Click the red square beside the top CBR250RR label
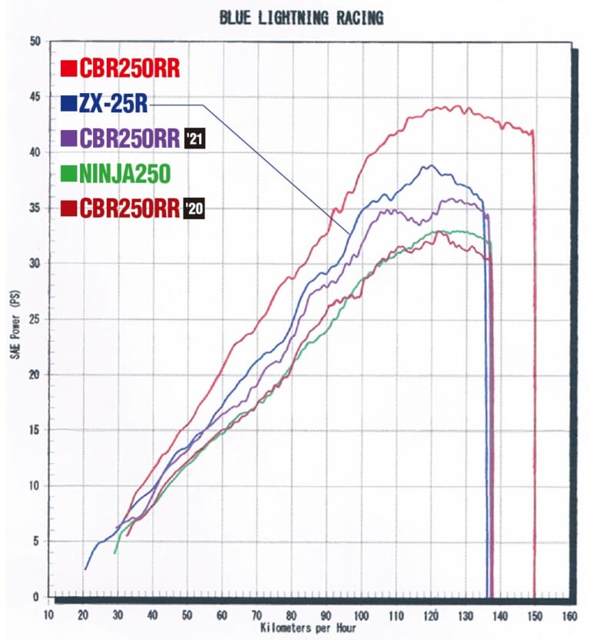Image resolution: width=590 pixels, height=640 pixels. [68, 69]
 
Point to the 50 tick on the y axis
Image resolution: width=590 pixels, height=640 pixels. [35, 42]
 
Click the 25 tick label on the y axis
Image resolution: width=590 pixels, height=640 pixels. [35, 319]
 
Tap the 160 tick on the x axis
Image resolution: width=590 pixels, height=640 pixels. [568, 615]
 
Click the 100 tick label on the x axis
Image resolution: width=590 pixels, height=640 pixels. [360, 615]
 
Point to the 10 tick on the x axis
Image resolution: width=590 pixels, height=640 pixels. [49, 615]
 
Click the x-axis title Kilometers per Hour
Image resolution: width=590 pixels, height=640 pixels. [307, 628]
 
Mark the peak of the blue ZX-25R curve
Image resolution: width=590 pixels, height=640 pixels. [430, 165]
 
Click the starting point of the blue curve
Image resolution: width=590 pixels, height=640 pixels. [85, 569]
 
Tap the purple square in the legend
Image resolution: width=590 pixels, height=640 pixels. [68, 139]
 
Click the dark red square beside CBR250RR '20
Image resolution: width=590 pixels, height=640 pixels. [68, 208]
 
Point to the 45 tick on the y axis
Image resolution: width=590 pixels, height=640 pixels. [35, 97]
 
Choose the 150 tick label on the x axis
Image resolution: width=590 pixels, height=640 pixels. [534, 615]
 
